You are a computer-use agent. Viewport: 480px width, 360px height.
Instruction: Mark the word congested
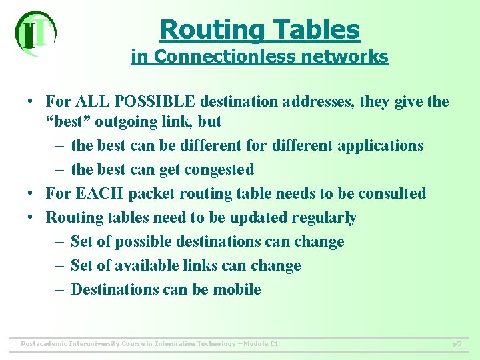point(219,169)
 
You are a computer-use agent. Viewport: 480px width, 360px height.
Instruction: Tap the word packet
point(151,193)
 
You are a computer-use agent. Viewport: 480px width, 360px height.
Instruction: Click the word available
point(141,265)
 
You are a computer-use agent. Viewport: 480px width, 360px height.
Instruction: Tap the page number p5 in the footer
point(457,344)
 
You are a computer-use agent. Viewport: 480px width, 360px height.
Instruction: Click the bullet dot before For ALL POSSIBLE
point(31,103)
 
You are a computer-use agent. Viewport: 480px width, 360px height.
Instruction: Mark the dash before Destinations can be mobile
point(59,289)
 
